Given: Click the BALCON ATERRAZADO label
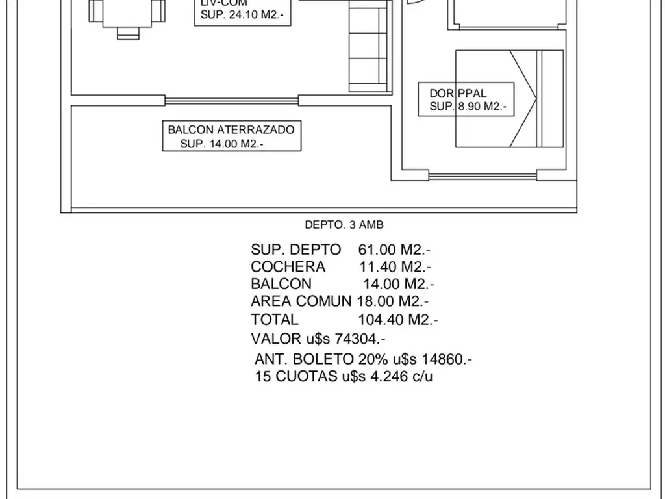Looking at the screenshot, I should pyautogui.click(x=231, y=129).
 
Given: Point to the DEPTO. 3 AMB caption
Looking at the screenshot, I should pyautogui.click(x=344, y=225).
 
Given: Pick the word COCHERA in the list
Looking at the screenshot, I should pyautogui.click(x=288, y=267).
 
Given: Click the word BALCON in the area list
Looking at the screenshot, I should pyautogui.click(x=281, y=284).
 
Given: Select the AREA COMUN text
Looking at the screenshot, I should pyautogui.click(x=300, y=301).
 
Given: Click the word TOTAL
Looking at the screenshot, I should pyautogui.click(x=275, y=320).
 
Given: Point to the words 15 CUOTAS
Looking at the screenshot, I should pyautogui.click(x=296, y=377).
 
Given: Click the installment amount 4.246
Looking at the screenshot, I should pyautogui.click(x=388, y=377).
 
